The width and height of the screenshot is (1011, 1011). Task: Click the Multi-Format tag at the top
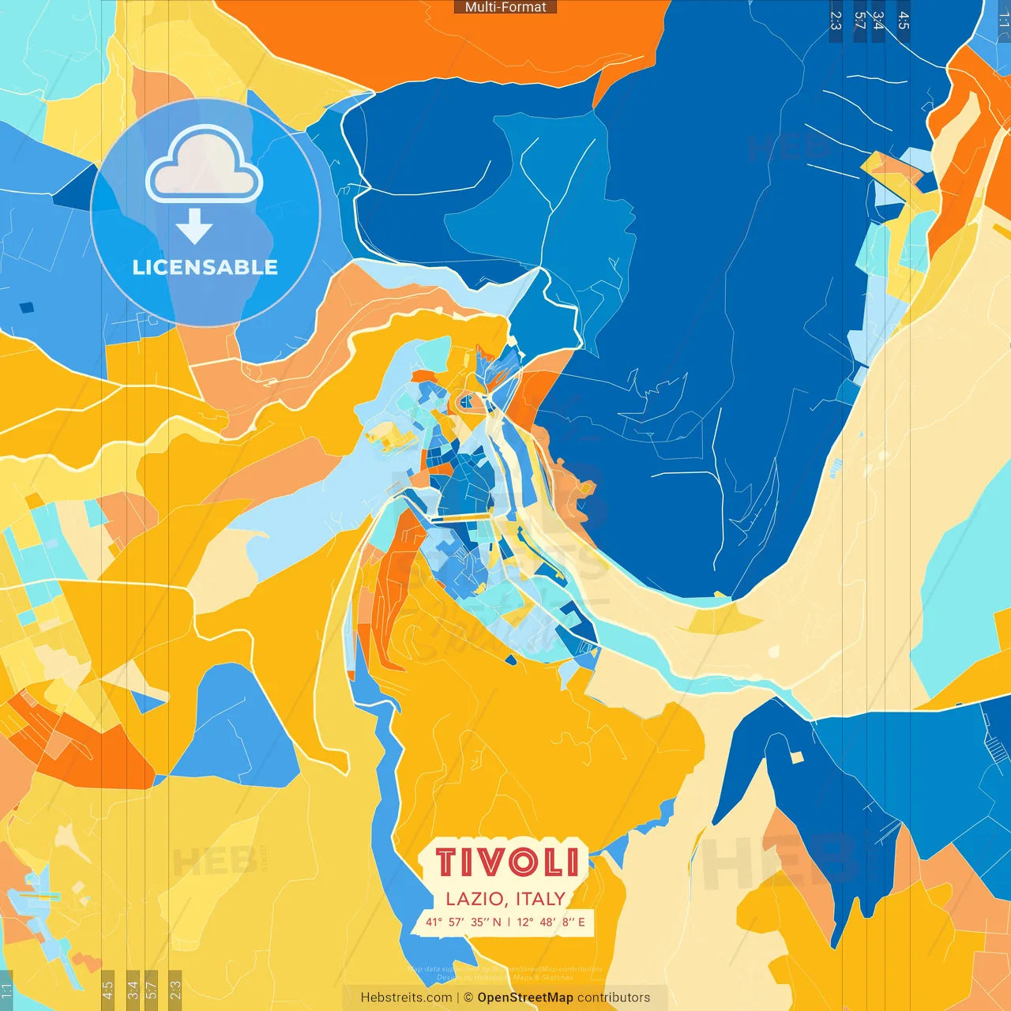505,7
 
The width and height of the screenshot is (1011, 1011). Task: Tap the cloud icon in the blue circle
204,164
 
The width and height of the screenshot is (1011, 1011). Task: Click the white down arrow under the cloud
194,227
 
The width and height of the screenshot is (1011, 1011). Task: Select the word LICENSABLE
205,268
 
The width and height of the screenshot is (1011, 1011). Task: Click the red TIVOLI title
507,863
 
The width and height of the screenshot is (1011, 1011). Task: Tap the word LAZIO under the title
474,899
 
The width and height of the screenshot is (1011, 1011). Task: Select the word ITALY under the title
541,899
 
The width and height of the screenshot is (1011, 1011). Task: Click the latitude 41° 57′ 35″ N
463,922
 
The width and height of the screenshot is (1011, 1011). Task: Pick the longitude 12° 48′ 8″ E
551,922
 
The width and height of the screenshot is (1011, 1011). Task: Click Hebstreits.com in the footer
406,998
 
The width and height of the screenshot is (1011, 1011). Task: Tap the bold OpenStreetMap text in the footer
525,998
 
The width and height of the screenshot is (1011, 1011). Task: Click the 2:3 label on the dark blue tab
836,21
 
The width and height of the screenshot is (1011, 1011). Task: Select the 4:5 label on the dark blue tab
904,21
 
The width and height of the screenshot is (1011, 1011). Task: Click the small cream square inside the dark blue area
797,757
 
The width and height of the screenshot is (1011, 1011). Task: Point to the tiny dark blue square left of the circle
27,307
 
